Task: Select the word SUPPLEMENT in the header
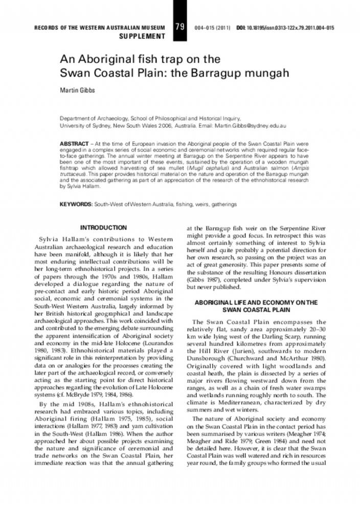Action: point(142,36)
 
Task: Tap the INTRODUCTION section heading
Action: point(103,227)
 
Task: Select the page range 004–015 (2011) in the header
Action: point(213,27)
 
